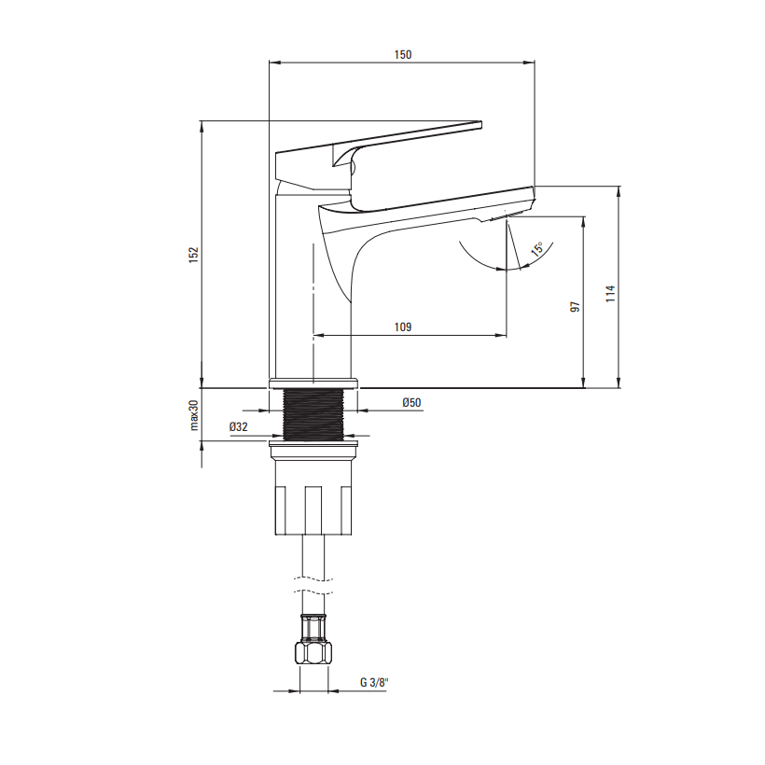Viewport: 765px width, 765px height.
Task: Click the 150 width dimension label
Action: (403, 54)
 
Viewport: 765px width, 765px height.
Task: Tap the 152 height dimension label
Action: (194, 255)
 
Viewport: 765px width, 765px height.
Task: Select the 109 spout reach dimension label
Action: (403, 327)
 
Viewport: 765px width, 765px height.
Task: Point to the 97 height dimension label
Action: (576, 307)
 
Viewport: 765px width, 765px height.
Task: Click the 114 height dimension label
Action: (610, 294)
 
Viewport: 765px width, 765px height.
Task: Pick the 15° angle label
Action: (537, 248)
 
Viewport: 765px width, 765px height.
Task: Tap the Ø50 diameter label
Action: (411, 402)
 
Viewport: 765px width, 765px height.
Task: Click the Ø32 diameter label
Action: (239, 427)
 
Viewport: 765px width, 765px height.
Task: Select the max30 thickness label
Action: (194, 415)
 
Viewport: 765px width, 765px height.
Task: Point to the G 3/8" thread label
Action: (374, 683)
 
